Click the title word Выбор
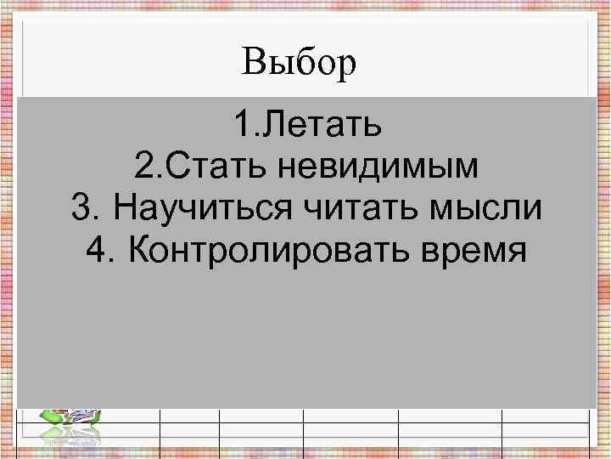point(298,63)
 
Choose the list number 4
point(95,251)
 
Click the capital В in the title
point(252,63)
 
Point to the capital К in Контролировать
point(138,251)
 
